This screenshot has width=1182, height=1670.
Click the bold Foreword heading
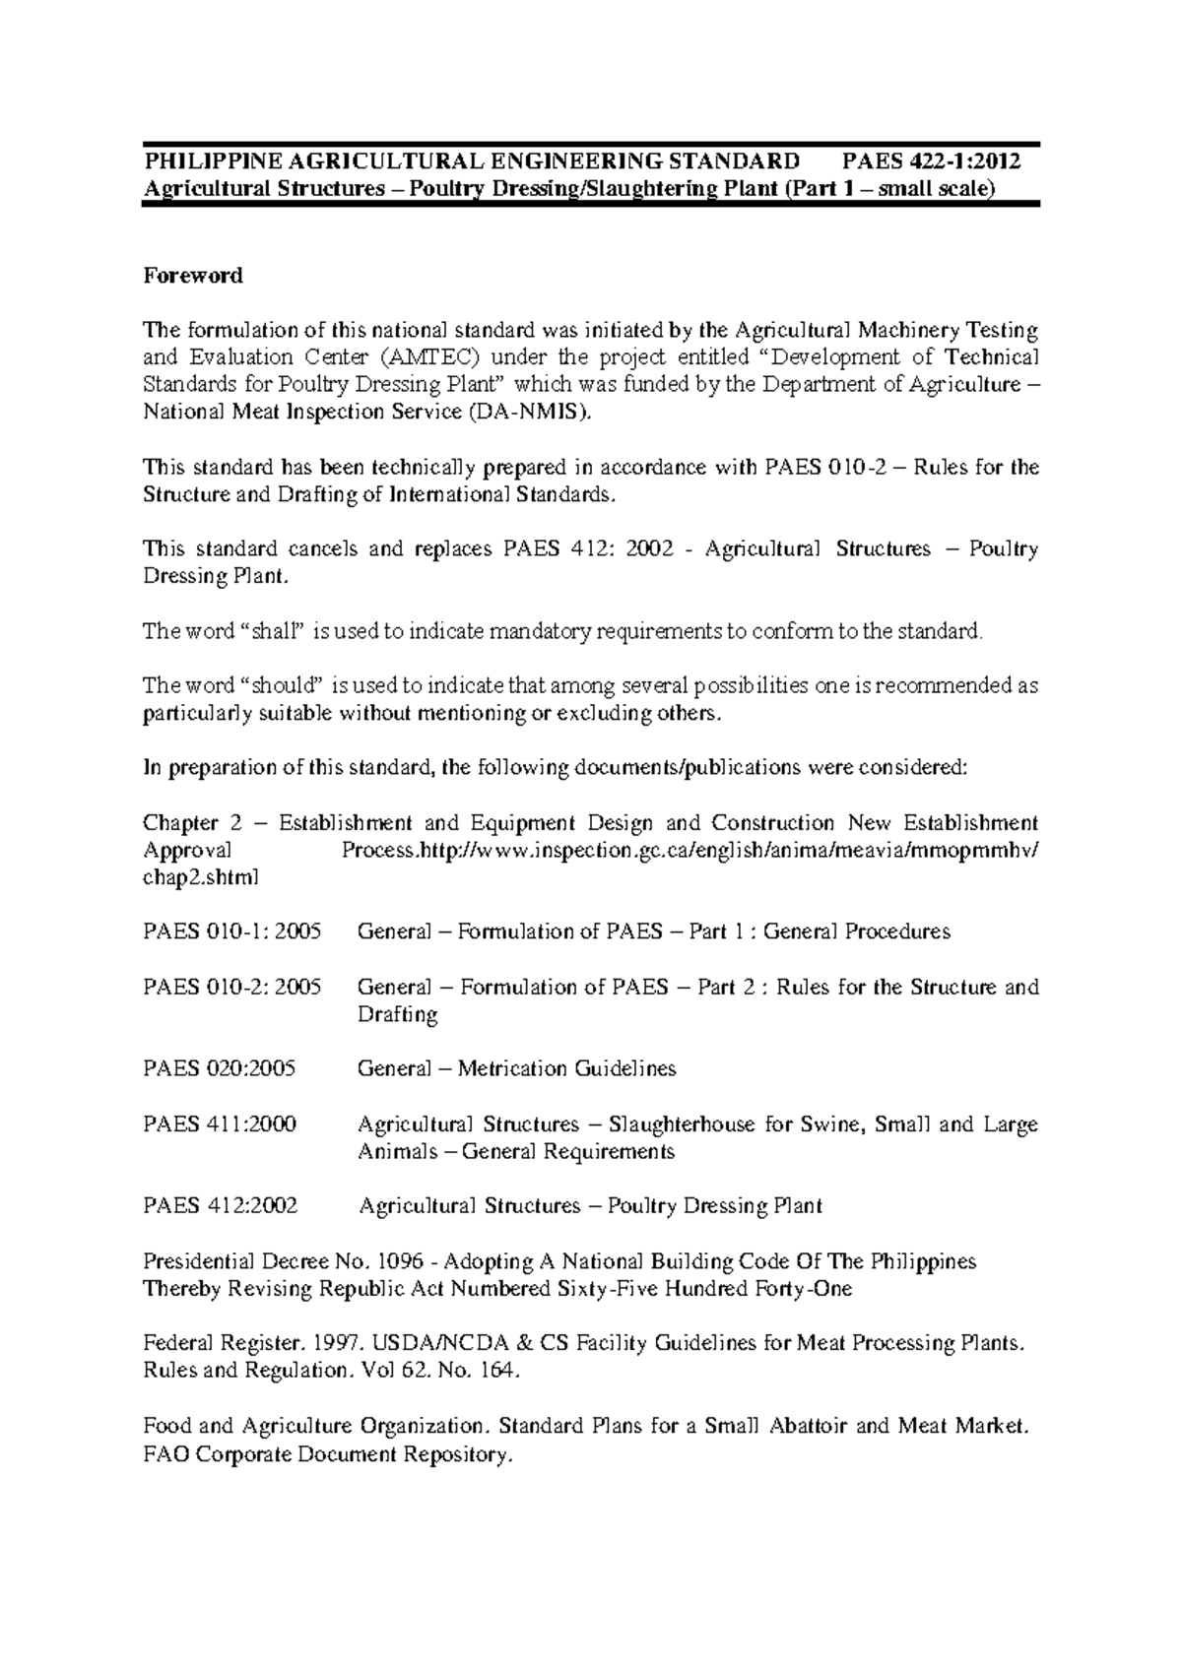tap(193, 276)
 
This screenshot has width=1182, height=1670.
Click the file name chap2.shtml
tap(201, 877)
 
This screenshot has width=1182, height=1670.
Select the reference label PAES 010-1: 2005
tap(232, 931)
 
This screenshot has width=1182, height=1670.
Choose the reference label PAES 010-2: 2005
tap(232, 987)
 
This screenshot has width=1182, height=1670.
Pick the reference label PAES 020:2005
tap(220, 1068)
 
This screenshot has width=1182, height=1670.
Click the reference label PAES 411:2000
tap(220, 1124)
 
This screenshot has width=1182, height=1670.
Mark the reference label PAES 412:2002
tap(221, 1205)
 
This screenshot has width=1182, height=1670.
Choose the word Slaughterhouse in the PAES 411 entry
tap(683, 1124)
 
